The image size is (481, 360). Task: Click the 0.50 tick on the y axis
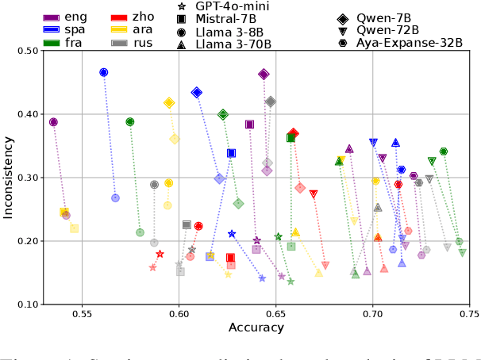pos(24,51)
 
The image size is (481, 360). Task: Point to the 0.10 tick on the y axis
pos(24,304)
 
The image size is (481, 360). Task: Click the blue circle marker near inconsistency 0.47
pos(103,72)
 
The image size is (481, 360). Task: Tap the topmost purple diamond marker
pos(264,74)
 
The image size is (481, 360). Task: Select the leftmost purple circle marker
pos(53,122)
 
